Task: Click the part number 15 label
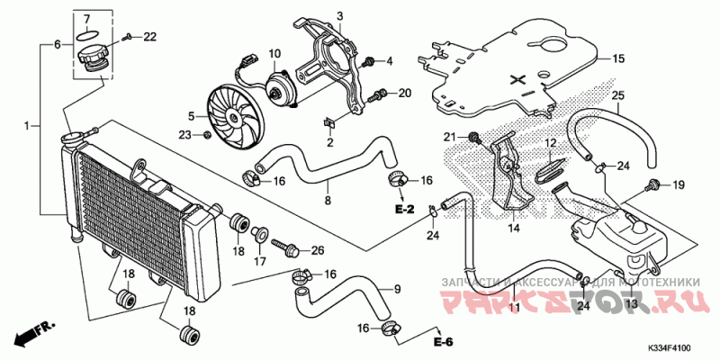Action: (x=618, y=59)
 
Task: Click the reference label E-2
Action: (x=403, y=210)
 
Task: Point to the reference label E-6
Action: (x=441, y=343)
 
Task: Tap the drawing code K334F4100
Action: (x=674, y=347)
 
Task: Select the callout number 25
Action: (x=617, y=95)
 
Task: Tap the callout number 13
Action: (x=630, y=305)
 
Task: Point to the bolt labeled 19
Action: (x=648, y=185)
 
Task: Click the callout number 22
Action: (x=149, y=36)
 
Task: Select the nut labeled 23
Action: (x=208, y=135)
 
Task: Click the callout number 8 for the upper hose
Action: (x=328, y=199)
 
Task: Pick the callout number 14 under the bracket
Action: (x=515, y=229)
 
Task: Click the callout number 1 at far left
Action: (x=27, y=125)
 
